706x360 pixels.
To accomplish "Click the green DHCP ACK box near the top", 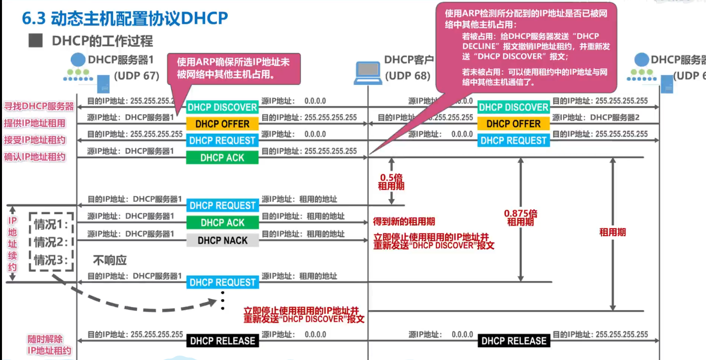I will click(x=222, y=158).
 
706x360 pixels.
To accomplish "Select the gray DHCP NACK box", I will click(x=222, y=240).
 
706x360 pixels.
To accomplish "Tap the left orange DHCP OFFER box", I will click(x=222, y=124).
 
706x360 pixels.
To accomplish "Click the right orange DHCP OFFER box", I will click(x=514, y=124).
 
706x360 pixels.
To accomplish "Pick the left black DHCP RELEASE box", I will click(x=222, y=341).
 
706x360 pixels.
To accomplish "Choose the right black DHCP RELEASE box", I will click(x=514, y=341).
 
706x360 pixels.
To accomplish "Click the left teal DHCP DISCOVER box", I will click(x=222, y=107).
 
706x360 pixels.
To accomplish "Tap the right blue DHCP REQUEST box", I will click(x=514, y=140).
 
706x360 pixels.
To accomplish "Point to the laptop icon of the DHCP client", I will click(x=367, y=72).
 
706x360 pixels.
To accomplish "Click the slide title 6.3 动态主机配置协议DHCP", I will click(x=125, y=18).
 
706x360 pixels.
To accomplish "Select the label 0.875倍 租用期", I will click(x=521, y=218).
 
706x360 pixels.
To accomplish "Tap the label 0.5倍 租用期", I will click(x=391, y=182).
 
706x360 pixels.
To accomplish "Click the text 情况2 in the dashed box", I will click(x=51, y=242).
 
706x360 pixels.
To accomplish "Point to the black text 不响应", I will click(x=110, y=260).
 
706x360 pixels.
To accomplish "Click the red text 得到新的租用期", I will click(x=404, y=222).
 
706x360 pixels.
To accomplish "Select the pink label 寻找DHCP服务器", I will click(x=39, y=107).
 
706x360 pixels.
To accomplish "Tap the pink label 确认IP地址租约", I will click(x=35, y=157).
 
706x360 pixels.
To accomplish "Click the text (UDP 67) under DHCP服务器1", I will click(x=137, y=76).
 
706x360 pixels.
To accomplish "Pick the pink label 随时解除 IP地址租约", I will click(x=49, y=345).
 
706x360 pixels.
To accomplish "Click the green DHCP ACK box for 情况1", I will click(x=222, y=222).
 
